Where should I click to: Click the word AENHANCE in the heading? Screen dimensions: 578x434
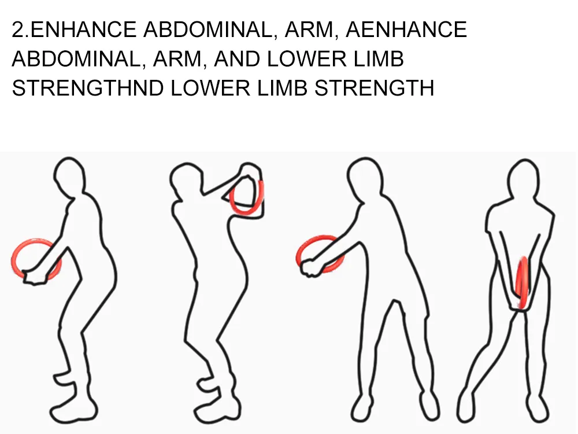pos(406,30)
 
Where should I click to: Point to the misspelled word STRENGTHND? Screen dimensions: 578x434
pos(88,88)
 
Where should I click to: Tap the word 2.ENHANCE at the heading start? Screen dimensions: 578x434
pos(74,30)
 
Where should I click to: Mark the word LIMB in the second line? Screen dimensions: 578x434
pos(379,58)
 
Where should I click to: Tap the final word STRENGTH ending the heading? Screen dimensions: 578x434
pos(375,88)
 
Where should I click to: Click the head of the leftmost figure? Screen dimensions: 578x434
pos(69,175)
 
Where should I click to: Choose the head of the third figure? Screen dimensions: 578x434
pos(364,175)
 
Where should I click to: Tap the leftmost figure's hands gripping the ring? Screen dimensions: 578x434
pos(35,277)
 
